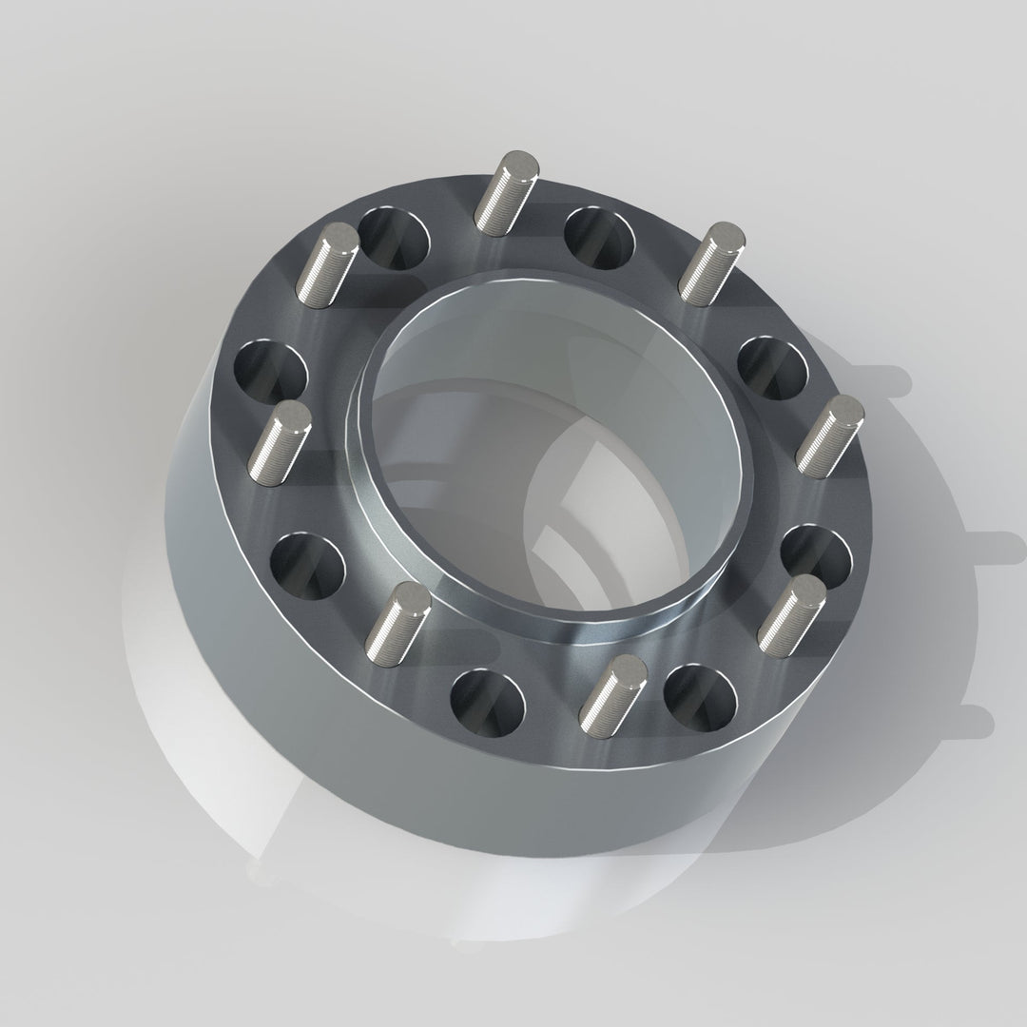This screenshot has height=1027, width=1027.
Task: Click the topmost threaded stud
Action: pyautogui.click(x=507, y=191)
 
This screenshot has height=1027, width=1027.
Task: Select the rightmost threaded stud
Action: pyautogui.click(x=830, y=436)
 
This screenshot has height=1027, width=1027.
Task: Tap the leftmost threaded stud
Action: pyautogui.click(x=280, y=439)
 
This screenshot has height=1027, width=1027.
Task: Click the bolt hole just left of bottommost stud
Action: pyautogui.click(x=487, y=700)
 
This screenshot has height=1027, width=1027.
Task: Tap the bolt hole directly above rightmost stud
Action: pyautogui.click(x=772, y=367)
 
